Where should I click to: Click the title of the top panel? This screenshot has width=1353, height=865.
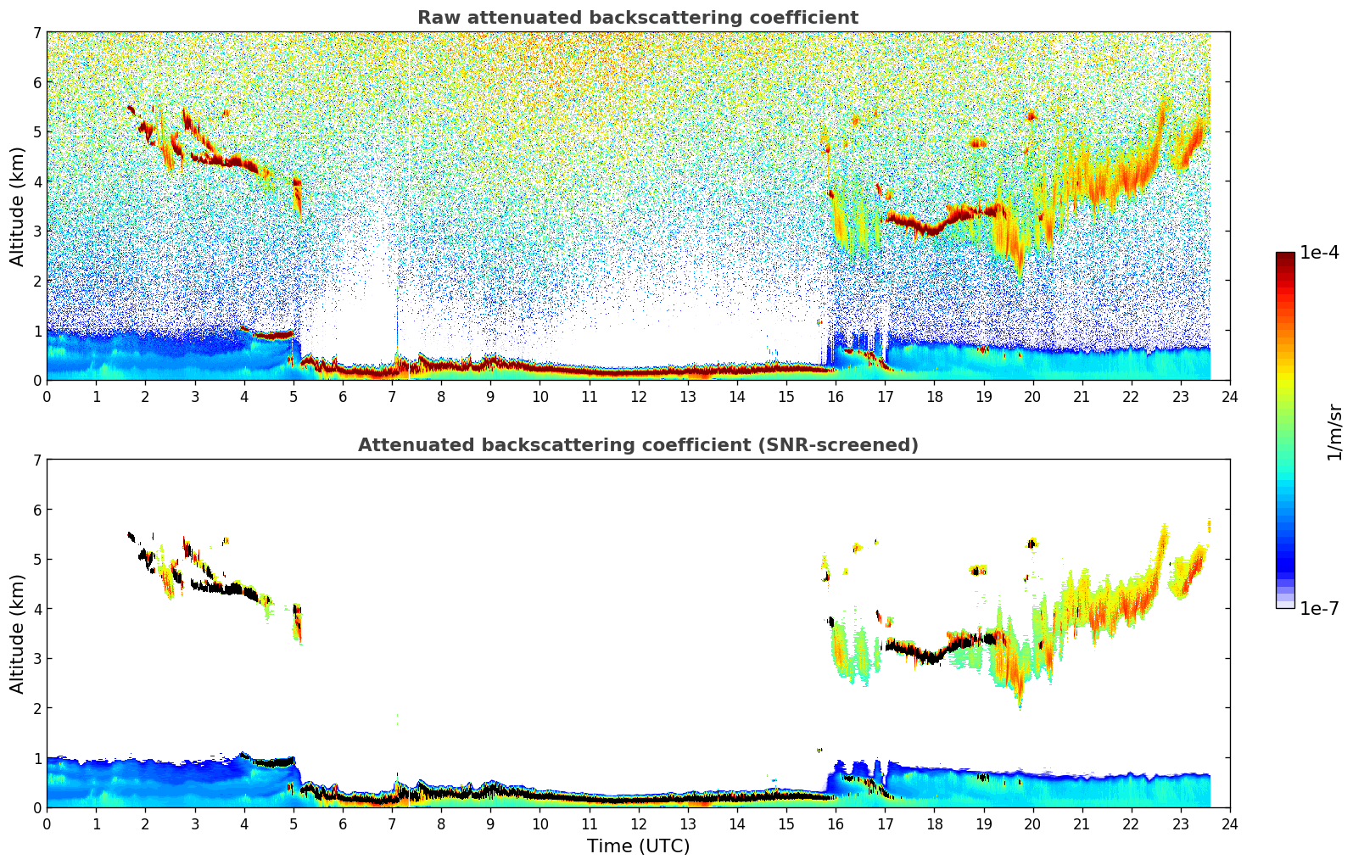click(x=637, y=18)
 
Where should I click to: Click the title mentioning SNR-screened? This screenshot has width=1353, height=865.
click(x=637, y=445)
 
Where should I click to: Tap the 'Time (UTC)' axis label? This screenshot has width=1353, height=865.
click(x=638, y=845)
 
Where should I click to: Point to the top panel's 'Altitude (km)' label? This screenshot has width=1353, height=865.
click(x=18, y=206)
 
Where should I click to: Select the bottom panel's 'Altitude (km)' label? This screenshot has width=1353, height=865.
click(x=18, y=633)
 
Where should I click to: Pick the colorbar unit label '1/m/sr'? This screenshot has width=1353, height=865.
click(x=1334, y=432)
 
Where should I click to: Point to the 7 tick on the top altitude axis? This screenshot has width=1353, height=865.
click(x=36, y=33)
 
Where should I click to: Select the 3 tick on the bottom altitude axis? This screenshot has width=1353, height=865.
click(x=36, y=659)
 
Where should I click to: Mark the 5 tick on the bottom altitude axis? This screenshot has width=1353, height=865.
click(x=36, y=560)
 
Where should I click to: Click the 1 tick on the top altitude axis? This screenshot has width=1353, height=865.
click(x=36, y=331)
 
